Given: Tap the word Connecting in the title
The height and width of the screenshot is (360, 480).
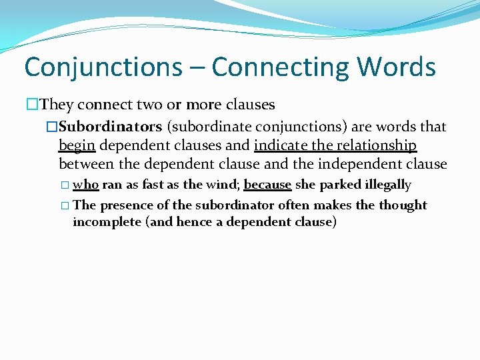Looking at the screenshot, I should [279, 67].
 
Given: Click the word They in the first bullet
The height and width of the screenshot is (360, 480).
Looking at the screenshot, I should [57, 105].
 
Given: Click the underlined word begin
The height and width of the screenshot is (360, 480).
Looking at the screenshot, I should [77, 145].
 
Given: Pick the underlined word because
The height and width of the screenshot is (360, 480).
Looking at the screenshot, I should [268, 185].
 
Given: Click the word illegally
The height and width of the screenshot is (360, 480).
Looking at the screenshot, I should [388, 185].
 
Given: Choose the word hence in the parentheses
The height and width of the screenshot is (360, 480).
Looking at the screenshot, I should [194, 222].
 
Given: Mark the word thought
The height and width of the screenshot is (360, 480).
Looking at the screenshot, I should [403, 205].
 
